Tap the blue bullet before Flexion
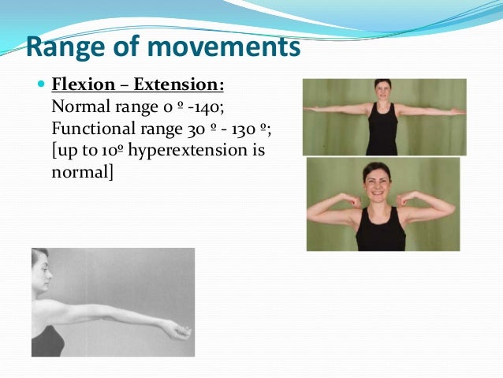(x=40, y=84)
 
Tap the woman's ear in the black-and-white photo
(x=41, y=273)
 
